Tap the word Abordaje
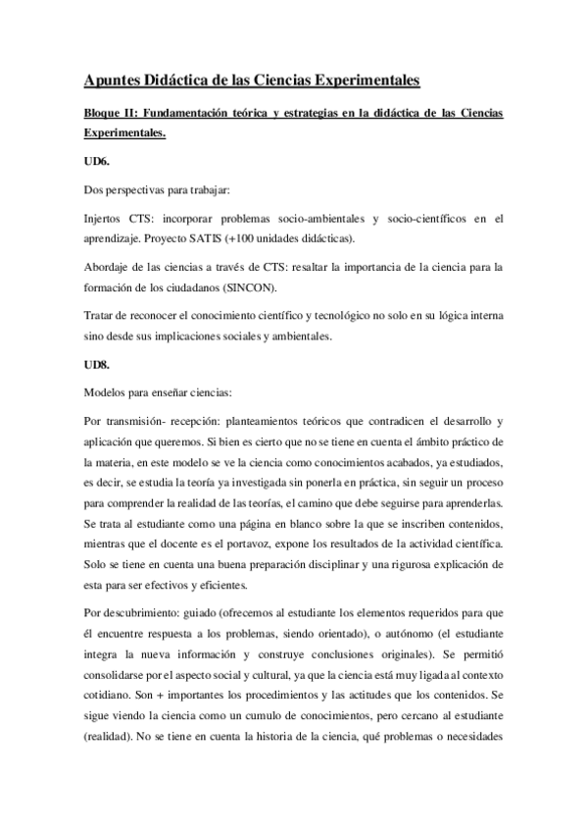coord(110,267)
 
